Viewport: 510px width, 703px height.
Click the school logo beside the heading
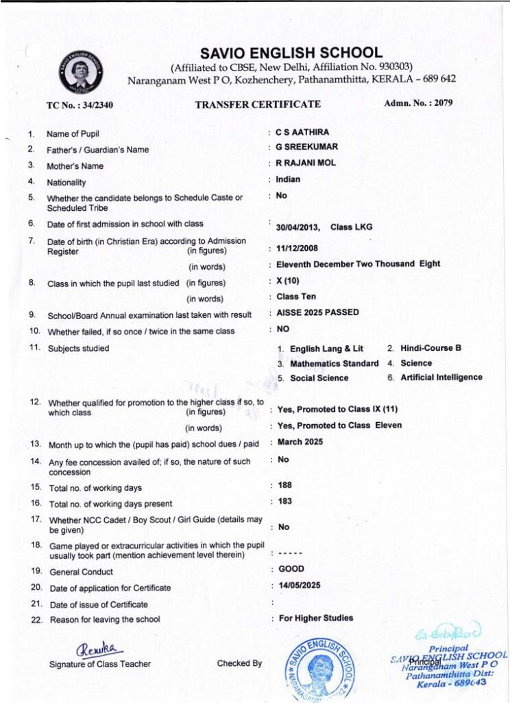pyautogui.click(x=82, y=71)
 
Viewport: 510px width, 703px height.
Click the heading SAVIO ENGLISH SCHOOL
pyautogui.click(x=291, y=53)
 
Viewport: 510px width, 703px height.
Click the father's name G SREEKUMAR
pyautogui.click(x=306, y=147)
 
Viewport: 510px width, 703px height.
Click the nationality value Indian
pyautogui.click(x=288, y=180)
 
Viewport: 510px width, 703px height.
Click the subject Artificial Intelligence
pyautogui.click(x=441, y=377)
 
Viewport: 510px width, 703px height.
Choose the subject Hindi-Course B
pyautogui.click(x=431, y=348)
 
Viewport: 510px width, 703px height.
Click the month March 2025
pyautogui.click(x=300, y=441)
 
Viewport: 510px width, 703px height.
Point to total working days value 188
pyautogui.click(x=285, y=485)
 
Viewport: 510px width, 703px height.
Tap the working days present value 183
pyautogui.click(x=285, y=501)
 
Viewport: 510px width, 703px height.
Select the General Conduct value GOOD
pyautogui.click(x=291, y=569)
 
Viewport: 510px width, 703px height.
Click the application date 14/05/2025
pyautogui.click(x=299, y=586)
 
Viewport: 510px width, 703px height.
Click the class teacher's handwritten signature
pyautogui.click(x=100, y=647)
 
